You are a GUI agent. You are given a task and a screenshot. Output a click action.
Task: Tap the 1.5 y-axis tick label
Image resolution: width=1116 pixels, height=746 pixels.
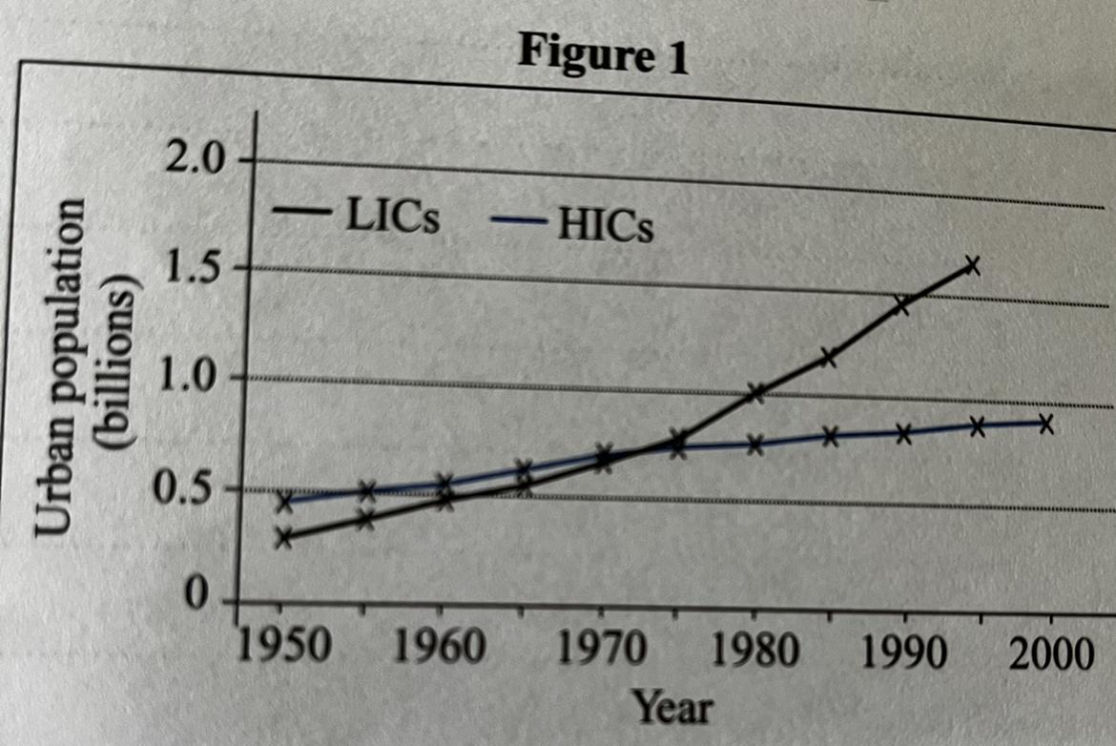point(191,268)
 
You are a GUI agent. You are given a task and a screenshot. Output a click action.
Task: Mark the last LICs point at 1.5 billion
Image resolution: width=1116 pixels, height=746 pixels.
point(972,265)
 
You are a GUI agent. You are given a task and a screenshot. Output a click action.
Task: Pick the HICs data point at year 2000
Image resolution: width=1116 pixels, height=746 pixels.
point(1045,425)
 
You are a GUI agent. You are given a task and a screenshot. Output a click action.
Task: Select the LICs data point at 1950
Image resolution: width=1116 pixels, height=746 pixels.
point(283,538)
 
